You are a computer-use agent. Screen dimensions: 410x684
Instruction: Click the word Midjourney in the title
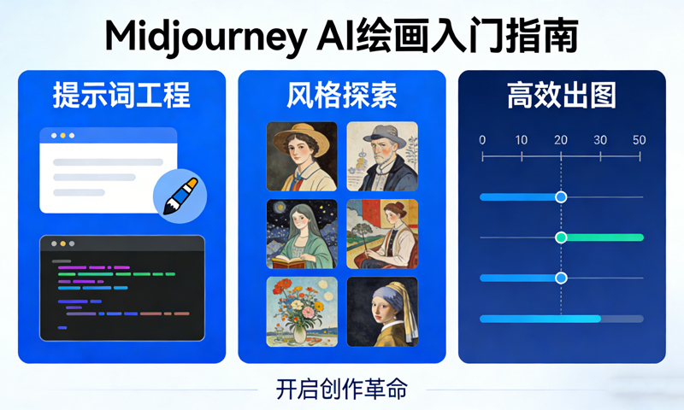198,36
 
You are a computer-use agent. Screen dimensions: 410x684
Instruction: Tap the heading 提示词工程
121,96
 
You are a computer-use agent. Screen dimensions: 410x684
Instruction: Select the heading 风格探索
342,96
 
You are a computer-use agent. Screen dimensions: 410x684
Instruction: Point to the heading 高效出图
562,96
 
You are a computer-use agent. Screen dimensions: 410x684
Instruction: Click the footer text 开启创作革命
342,389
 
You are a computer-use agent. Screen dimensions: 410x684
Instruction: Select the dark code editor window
122,288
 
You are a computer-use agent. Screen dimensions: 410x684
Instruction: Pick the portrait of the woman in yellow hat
301,155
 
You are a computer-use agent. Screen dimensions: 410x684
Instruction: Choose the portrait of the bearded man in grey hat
382,155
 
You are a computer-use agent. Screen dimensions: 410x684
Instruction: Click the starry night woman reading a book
301,233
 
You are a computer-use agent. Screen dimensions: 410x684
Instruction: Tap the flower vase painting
301,311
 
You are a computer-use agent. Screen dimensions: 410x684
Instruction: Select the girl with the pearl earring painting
382,311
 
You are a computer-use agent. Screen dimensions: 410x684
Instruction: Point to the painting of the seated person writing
382,233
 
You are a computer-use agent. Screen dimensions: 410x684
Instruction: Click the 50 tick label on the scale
639,140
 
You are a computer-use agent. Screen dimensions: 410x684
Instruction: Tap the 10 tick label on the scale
522,140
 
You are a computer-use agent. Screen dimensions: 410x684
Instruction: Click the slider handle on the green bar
561,237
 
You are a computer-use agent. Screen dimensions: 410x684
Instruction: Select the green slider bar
604,237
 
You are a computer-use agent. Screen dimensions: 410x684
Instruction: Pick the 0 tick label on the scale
482,140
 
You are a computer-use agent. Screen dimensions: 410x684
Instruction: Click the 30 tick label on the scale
600,140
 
